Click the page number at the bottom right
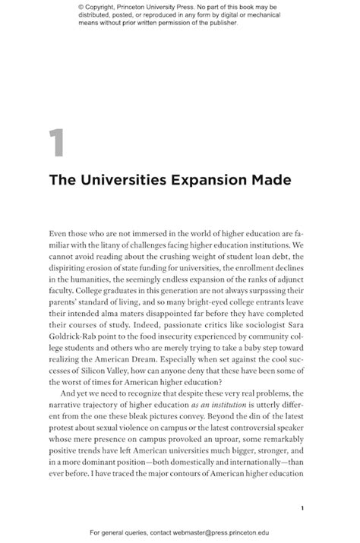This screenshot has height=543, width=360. [302, 488]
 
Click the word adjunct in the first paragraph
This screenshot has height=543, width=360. [289, 279]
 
